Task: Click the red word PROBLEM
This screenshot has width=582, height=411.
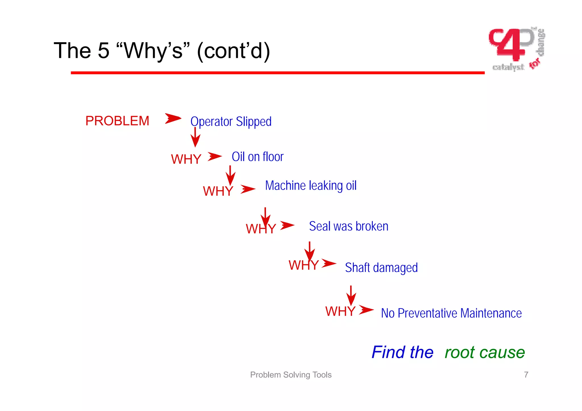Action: coord(117,121)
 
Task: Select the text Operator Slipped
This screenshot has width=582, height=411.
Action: coord(231,121)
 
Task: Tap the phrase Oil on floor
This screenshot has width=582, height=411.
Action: coord(257,157)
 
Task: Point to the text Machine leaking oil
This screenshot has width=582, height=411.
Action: coord(311,186)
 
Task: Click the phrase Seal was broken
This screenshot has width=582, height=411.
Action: coord(348,226)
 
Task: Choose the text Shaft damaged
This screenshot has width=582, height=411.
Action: coord(381,267)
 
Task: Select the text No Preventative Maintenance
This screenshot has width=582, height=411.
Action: coord(451,313)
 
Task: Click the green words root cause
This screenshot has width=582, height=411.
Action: coord(485,352)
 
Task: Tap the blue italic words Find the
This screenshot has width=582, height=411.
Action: coord(402,352)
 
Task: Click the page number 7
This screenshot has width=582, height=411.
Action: coord(526,375)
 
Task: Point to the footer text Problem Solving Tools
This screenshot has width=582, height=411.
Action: coord(291,375)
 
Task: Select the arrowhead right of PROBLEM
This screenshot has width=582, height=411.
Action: coord(173,118)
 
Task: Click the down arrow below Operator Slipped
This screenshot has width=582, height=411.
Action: coord(195,137)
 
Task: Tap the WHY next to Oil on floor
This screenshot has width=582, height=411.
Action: coord(186,159)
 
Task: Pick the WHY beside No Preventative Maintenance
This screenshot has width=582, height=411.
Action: coord(340,311)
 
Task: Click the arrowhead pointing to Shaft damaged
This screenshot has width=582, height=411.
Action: coord(329,263)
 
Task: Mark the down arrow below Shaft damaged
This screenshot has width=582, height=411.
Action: coord(351,296)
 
